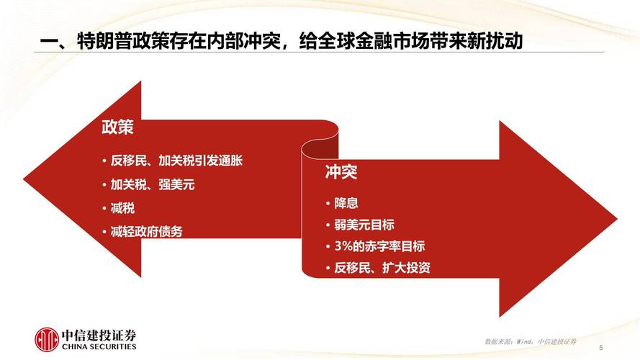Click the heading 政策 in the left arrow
coord(117,129)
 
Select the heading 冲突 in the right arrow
coord(341,173)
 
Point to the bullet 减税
coord(122,208)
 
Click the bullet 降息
coord(346,203)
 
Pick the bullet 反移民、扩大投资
coord(382,268)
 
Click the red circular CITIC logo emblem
coord(48,340)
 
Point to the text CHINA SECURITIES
coord(99,347)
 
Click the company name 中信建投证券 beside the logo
coord(99,335)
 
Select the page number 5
coord(600,347)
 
